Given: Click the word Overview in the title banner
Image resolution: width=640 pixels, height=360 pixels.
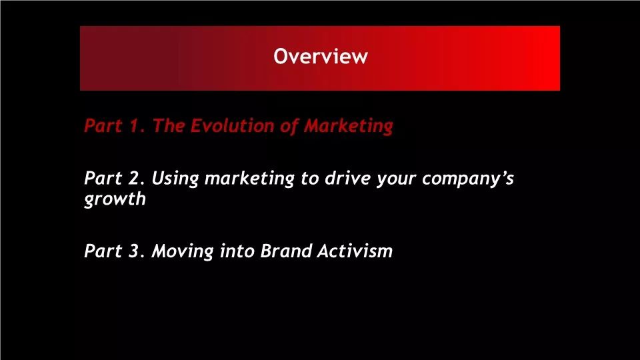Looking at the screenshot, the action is point(321,56).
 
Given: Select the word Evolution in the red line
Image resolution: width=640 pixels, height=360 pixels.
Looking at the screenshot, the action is point(232,125).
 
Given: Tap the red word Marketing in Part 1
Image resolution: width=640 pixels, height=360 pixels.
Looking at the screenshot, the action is point(349,126).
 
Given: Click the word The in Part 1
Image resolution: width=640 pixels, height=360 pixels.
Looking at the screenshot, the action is point(168,125).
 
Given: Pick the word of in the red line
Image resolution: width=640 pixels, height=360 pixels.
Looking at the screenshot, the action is point(289,126).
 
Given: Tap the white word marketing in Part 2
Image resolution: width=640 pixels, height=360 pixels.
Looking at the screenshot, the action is point(249,179).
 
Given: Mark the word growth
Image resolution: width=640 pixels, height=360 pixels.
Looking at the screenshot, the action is point(115,199).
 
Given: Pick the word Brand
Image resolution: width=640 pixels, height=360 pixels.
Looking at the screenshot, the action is point(286,251).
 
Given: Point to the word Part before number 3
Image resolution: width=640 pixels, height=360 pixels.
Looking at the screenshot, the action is point(103,251).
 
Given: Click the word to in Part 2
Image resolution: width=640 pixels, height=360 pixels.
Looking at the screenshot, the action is point(309,179).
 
